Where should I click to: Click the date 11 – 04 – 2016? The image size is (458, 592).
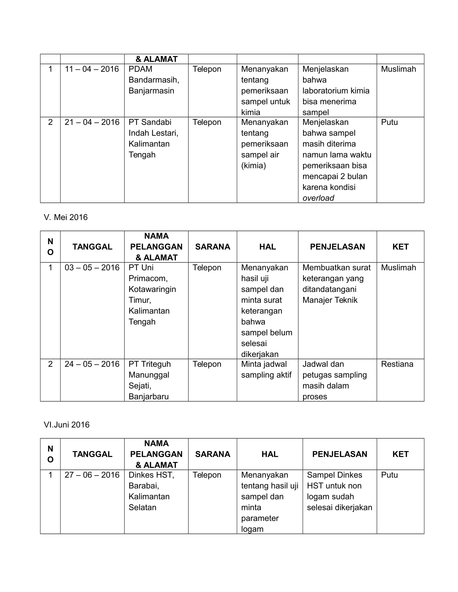pyautogui.click(x=92, y=69)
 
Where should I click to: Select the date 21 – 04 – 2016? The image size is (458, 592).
pyautogui.click(x=92, y=122)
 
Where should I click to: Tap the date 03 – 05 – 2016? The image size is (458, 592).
pyautogui.click(x=92, y=267)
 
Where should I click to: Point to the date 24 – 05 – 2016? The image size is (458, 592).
pyautogui.click(x=92, y=364)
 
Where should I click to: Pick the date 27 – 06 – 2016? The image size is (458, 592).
pyautogui.click(x=92, y=475)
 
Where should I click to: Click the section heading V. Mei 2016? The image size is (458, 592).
pyautogui.click(x=66, y=217)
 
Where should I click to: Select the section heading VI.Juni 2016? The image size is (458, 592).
pyautogui.click(x=67, y=425)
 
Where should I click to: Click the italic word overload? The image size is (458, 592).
pyautogui.click(x=318, y=198)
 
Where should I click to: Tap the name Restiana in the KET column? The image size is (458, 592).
pyautogui.click(x=397, y=364)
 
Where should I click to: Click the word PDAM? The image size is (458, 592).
pyautogui.click(x=140, y=69)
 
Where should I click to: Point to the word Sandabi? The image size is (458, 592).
pyautogui.click(x=156, y=122)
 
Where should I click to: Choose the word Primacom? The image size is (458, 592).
pyautogui.click(x=148, y=279)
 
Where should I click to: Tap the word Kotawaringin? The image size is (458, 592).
pyautogui.click(x=152, y=289)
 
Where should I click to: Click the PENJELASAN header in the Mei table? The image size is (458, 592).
pyautogui.click(x=337, y=247)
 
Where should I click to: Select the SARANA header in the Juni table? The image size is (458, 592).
pyautogui.click(x=213, y=454)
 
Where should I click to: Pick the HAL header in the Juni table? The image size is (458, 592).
pyautogui.click(x=270, y=454)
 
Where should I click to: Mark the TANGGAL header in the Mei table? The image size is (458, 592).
pyautogui.click(x=92, y=247)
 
